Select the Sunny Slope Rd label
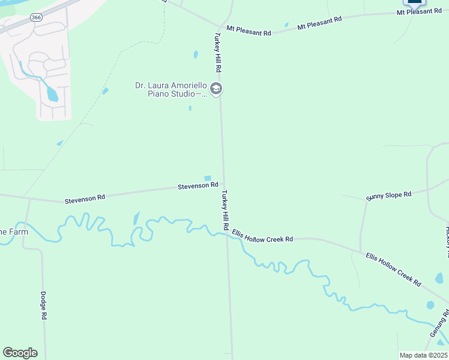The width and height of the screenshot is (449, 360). (x=388, y=195)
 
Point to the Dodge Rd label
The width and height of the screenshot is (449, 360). (x=43, y=305)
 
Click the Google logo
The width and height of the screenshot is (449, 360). (x=20, y=353)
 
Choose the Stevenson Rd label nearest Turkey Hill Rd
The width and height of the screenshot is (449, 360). (x=197, y=186)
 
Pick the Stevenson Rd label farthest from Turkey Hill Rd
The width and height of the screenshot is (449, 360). (x=85, y=197)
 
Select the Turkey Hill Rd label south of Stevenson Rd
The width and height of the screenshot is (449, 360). (x=224, y=210)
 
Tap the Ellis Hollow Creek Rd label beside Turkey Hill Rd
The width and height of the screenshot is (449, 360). (x=262, y=239)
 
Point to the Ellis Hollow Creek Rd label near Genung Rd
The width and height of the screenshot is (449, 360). (x=394, y=269)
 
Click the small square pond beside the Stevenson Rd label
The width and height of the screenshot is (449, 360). (x=208, y=178)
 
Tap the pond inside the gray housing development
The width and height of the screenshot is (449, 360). (x=52, y=94)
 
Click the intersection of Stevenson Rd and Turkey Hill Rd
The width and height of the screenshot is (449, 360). (x=223, y=184)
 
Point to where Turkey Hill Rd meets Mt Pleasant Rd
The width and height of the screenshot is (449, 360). (x=218, y=27)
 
